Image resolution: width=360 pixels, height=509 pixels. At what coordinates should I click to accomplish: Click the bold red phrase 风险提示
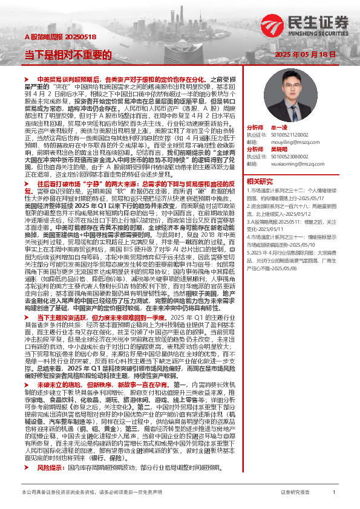click(51, 451)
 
